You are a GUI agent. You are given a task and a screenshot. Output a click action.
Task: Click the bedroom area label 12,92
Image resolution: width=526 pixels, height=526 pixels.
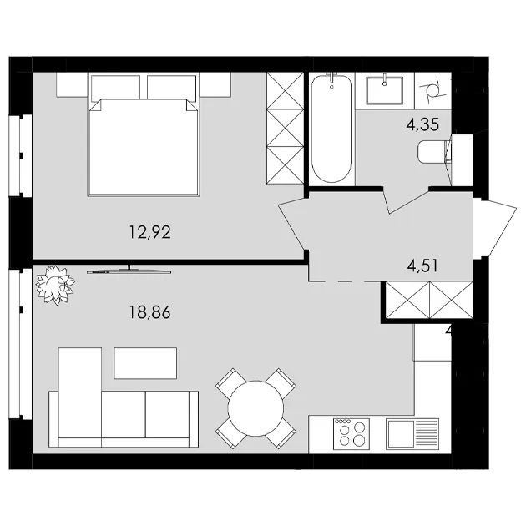(150, 232)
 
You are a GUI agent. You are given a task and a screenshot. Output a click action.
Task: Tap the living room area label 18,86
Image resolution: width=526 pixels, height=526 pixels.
(150, 312)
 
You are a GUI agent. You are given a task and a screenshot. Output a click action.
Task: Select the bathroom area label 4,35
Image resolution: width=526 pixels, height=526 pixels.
(422, 124)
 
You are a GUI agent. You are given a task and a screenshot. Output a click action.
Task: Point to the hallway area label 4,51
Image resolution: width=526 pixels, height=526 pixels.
(422, 266)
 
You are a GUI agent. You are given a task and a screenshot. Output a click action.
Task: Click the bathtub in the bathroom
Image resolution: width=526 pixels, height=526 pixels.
(331, 129)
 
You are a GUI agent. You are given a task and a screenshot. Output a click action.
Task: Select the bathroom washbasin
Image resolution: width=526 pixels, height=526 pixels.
(385, 90)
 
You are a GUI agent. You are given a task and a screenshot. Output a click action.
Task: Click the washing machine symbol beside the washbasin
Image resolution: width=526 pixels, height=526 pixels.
(432, 90)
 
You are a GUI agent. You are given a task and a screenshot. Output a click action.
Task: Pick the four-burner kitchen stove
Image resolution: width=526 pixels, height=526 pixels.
(352, 434)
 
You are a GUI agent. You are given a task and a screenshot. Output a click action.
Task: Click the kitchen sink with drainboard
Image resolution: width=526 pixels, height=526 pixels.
(412, 434)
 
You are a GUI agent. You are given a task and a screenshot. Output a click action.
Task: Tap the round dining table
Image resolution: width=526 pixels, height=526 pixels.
(255, 408)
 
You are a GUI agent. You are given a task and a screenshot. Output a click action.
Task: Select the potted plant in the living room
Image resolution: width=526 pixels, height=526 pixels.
(55, 285)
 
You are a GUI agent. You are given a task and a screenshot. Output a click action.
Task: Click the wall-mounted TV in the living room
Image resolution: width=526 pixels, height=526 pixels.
(129, 271)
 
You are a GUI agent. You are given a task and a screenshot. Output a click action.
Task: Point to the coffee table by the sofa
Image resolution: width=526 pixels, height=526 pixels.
(145, 363)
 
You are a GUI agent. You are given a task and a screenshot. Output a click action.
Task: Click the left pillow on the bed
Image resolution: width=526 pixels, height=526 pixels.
(115, 87)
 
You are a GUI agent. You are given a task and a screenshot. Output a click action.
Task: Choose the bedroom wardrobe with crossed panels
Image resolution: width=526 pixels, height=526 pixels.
(286, 128)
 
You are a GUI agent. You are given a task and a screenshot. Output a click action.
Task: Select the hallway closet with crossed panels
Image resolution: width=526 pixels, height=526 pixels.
(429, 300)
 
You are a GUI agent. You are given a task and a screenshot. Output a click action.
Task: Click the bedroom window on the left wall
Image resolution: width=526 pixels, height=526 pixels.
(21, 155)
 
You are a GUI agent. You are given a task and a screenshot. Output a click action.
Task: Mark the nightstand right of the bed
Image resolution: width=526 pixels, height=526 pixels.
(215, 85)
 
